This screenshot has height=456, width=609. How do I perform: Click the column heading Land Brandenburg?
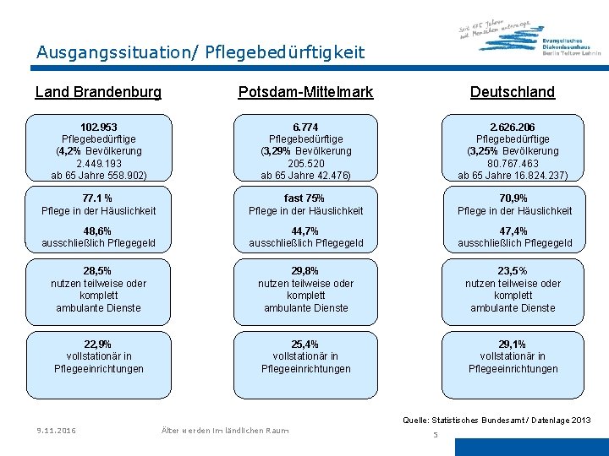point(98,91)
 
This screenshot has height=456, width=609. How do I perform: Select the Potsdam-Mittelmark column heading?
point(305,91)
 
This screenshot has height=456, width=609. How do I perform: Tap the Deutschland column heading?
point(513,91)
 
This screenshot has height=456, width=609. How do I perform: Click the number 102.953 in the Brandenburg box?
point(98,127)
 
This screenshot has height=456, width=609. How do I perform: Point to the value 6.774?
point(305,127)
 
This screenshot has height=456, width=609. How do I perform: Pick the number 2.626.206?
point(513,127)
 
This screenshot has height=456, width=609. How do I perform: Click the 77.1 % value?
point(98,198)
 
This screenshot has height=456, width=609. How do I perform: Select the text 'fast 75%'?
point(305,198)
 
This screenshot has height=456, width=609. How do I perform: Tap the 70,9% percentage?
point(513,198)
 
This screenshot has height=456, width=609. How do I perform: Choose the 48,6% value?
point(98,231)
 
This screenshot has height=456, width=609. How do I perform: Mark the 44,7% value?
point(305,231)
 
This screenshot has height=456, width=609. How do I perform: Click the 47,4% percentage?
point(513,231)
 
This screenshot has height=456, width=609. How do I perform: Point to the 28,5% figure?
point(98,271)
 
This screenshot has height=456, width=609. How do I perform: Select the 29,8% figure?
point(305,271)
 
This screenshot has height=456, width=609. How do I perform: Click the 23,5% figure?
point(513,271)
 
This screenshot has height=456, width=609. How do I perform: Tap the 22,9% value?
point(98,344)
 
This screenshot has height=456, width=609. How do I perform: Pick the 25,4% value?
point(305,344)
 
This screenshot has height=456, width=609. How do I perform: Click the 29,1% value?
point(513,344)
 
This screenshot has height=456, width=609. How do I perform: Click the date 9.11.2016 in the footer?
point(56,431)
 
